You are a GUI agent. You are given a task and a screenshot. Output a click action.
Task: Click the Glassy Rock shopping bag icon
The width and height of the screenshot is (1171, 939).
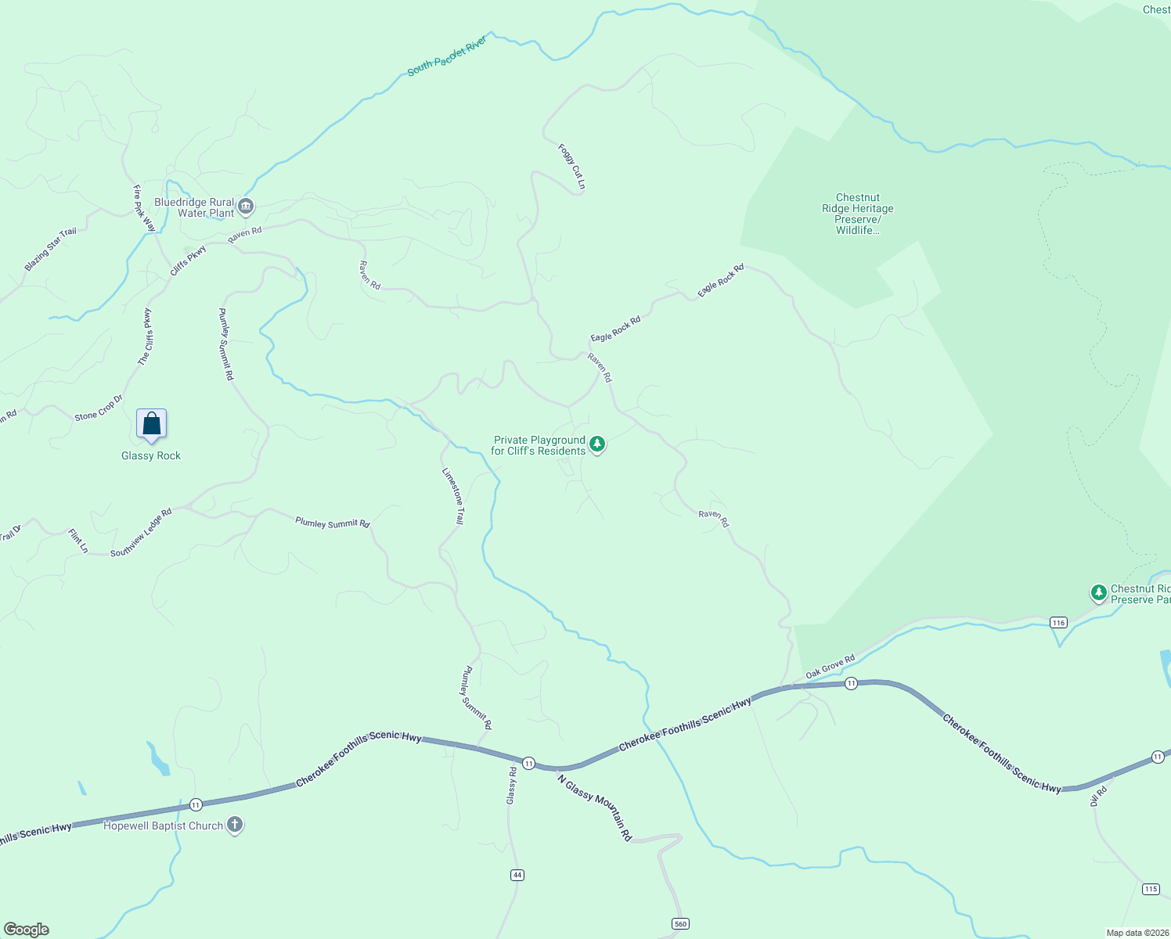[x=151, y=423]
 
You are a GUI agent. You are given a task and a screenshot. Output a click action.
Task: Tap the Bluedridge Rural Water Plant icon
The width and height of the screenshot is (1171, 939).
[x=246, y=207]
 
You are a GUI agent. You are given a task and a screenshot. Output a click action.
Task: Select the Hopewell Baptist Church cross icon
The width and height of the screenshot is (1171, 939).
[x=235, y=825]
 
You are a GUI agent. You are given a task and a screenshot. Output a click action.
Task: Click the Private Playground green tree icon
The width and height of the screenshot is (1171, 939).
[x=597, y=444]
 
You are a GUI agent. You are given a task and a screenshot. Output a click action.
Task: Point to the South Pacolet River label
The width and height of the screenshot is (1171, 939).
[x=447, y=56]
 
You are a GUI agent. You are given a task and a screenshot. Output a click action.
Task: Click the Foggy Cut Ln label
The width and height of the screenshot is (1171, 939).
[x=571, y=167]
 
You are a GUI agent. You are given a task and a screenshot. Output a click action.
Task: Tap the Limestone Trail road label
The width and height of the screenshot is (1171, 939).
[x=453, y=496]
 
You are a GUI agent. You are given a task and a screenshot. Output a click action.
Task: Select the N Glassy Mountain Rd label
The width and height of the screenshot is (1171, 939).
[x=594, y=806]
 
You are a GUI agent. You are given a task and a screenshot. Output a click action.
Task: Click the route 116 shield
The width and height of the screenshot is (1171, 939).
[x=1058, y=622]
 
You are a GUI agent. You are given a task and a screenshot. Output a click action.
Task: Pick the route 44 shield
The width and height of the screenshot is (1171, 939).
[x=517, y=874]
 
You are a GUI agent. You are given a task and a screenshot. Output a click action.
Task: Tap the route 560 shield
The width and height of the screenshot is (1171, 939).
[x=680, y=924]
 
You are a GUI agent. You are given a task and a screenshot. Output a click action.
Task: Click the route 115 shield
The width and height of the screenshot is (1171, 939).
[x=1150, y=889]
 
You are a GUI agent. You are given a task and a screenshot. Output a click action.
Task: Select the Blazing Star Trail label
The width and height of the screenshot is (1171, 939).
[x=51, y=249]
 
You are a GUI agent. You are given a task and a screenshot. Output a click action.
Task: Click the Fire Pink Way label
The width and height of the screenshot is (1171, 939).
[x=143, y=208]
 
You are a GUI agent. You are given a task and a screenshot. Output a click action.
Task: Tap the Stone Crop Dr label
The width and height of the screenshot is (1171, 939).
[x=99, y=408]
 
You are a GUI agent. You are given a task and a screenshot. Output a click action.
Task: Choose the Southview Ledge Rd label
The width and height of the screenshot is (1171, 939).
[x=141, y=533]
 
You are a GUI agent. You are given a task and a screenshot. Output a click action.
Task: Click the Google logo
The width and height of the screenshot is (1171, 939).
[x=27, y=930]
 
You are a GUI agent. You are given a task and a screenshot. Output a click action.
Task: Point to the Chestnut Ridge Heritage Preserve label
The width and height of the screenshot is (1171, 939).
[x=857, y=214]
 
